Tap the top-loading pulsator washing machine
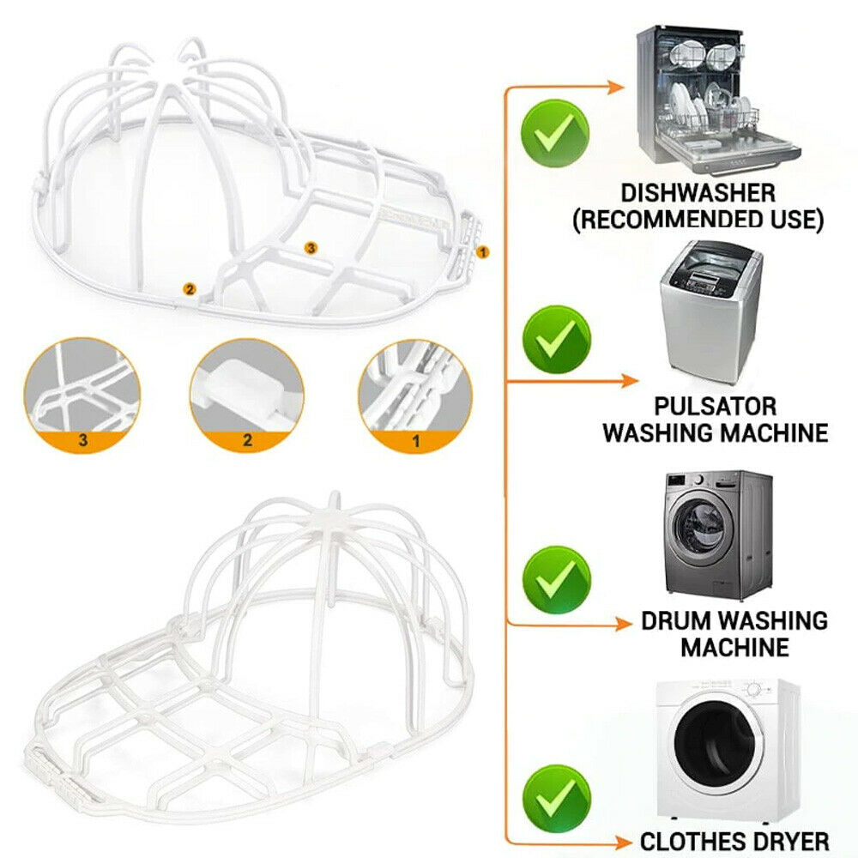click(x=710, y=313)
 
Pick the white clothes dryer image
click(x=728, y=750)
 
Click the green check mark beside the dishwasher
click(x=555, y=134)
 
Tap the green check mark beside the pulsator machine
click(x=557, y=339)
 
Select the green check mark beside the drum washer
click(x=557, y=580)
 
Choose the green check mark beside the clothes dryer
click(x=557, y=799)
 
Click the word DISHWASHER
click(x=698, y=193)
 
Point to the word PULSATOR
click(x=716, y=407)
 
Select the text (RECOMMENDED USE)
click(x=698, y=220)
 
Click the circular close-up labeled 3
click(x=82, y=395)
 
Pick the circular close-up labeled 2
click(x=247, y=395)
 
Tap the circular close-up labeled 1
click(x=415, y=396)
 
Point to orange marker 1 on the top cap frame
click(x=482, y=252)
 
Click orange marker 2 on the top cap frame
click(x=190, y=289)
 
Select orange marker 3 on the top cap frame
click(x=311, y=249)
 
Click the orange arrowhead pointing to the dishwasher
click(x=616, y=87)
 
